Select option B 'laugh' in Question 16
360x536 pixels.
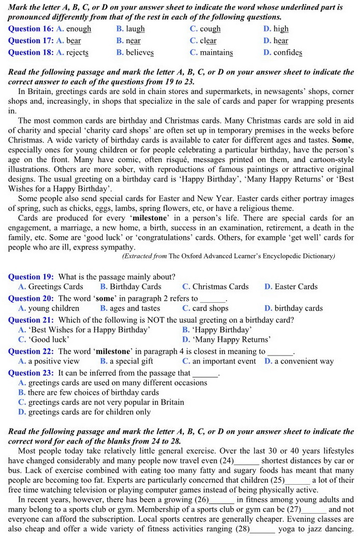tap(135, 29)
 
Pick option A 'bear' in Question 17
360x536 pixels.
tap(73, 40)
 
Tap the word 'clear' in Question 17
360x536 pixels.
tap(208, 40)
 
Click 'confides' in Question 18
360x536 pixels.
tap(287, 52)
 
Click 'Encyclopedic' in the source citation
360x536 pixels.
tap(279, 256)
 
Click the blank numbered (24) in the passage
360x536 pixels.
tap(247, 460)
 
